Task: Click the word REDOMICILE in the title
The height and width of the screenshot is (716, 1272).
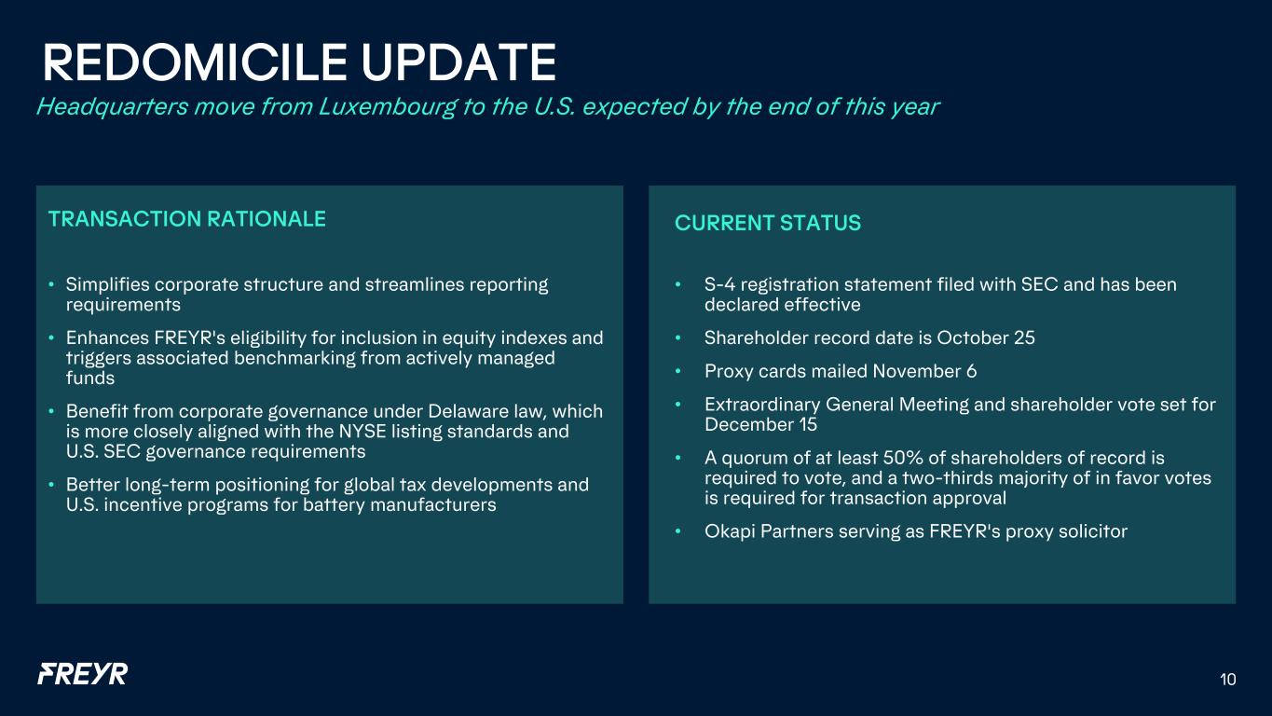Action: point(195,62)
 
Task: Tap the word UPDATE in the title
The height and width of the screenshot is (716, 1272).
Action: point(458,62)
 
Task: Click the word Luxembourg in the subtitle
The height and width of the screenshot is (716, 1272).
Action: point(387,107)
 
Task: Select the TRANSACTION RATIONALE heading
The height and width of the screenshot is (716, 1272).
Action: point(186,219)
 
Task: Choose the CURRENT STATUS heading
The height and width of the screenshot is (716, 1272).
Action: point(767,223)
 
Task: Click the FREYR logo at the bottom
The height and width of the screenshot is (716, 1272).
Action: point(83,674)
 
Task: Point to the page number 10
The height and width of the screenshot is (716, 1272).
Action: point(1227,680)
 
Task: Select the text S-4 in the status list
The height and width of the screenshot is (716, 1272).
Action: point(719,284)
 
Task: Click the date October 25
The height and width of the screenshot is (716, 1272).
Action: point(986,337)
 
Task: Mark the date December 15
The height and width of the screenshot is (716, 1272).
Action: point(760,424)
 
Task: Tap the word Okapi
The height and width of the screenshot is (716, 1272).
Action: point(730,531)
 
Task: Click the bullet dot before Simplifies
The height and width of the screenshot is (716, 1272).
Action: point(51,284)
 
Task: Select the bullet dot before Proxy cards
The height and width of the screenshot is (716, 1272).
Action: point(677,371)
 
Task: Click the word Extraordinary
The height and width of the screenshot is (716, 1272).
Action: point(762,405)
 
